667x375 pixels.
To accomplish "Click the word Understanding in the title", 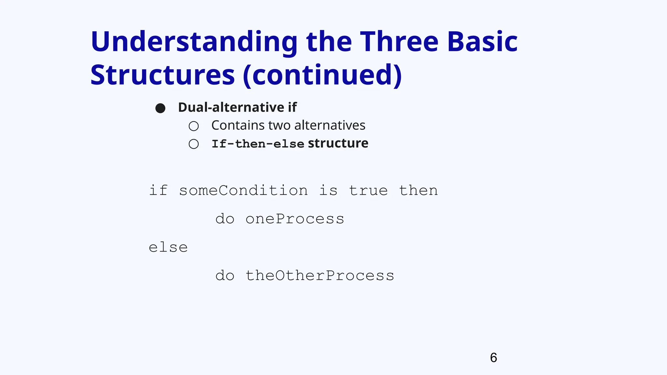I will click(194, 42).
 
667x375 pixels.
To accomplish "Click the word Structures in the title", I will click(163, 75).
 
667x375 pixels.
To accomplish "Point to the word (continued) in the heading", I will click(322, 76).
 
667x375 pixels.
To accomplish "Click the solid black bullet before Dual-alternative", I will click(160, 108).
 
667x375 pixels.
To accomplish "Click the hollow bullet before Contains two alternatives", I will click(194, 126).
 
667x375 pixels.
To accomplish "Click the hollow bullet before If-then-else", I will click(194, 144).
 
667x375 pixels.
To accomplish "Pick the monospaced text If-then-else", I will click(258, 144).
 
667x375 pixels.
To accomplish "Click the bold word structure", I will click(338, 143).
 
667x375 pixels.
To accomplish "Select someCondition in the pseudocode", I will click(243, 190).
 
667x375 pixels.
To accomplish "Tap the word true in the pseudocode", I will click(368, 190).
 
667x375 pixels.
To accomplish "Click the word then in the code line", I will click(418, 190).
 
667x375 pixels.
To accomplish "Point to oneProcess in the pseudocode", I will click(295, 219).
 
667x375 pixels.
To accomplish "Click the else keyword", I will click(168, 247).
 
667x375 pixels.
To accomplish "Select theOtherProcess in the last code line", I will click(319, 276).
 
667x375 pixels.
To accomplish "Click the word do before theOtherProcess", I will click(225, 276).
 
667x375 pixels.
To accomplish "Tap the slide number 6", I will click(493, 358).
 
